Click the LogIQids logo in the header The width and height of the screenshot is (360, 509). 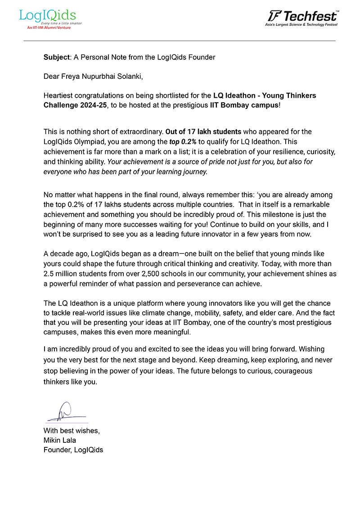pos(47,17)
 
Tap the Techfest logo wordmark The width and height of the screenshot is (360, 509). pos(302,17)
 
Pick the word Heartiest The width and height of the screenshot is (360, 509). pos(58,95)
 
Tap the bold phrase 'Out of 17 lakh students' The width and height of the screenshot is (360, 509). pos(203,132)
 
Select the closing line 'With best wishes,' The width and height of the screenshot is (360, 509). pos(72,430)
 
